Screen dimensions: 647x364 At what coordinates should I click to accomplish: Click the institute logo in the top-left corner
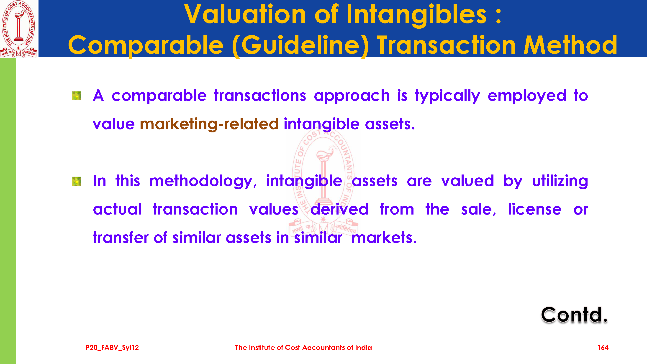(x=19, y=29)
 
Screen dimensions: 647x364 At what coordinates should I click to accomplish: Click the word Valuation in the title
(x=245, y=15)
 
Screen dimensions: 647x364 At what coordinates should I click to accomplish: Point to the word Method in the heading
(x=570, y=45)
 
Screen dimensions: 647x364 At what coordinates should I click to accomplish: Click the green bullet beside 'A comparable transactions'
(x=76, y=96)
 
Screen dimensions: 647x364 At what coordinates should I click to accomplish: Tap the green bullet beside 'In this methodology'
(x=76, y=181)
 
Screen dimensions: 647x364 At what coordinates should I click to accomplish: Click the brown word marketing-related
(x=209, y=124)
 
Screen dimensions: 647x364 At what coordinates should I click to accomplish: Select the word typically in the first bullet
(x=447, y=96)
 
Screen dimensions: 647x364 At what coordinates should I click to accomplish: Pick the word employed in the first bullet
(x=527, y=96)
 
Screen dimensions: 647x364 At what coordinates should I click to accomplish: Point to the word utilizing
(x=560, y=181)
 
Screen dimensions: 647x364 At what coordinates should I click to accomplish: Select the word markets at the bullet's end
(x=384, y=238)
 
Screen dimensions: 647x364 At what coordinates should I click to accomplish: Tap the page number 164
(x=603, y=347)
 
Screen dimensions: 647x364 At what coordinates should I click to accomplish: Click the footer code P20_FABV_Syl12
(x=112, y=348)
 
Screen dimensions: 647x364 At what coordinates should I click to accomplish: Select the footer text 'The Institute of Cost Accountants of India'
(x=303, y=347)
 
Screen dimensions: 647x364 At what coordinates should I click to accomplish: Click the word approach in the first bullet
(x=352, y=96)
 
